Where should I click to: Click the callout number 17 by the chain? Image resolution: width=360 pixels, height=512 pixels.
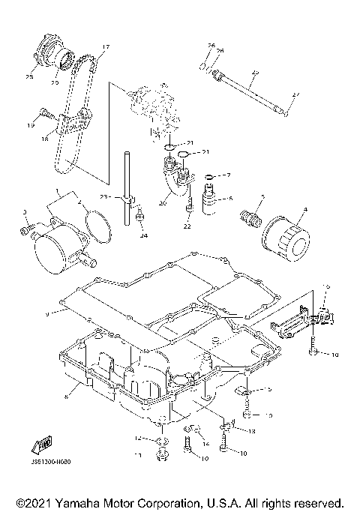[x=103, y=46]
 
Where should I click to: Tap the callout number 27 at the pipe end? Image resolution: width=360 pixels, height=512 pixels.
[x=295, y=94]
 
